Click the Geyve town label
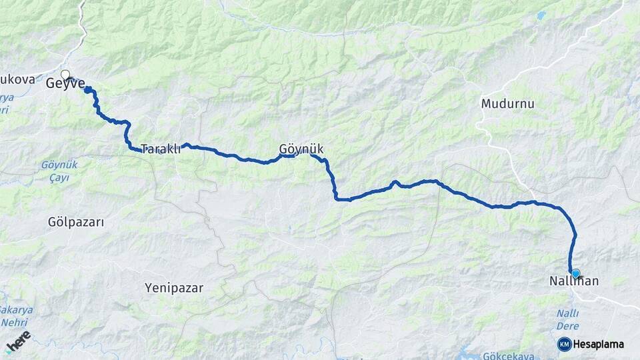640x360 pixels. tap(65, 84)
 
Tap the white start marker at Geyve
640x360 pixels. tap(65, 75)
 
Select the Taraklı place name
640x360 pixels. tap(160, 149)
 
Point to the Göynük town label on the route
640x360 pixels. tap(301, 149)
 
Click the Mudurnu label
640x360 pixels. tap(507, 105)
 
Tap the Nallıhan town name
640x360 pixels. tap(575, 282)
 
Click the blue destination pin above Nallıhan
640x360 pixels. tap(576, 273)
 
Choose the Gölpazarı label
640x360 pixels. tap(76, 222)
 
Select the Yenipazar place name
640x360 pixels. tap(174, 288)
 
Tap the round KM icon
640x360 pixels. tap(564, 344)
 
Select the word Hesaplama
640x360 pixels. tap(598, 345)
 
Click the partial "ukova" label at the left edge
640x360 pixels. tap(17, 79)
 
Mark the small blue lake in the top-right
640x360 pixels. tap(541, 15)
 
